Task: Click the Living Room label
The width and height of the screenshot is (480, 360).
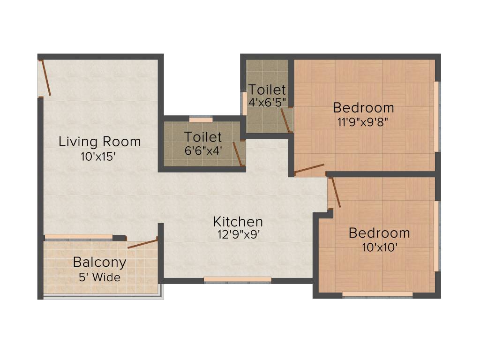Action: (99, 141)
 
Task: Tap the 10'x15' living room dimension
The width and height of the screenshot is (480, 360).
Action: (98, 157)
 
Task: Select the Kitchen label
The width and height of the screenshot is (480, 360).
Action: (238, 221)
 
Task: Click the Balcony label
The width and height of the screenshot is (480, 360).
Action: (99, 262)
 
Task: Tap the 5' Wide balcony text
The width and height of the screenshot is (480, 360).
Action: (99, 277)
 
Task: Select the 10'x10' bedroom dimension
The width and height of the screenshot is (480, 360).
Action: (379, 247)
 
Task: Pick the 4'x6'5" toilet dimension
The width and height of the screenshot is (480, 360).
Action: (267, 102)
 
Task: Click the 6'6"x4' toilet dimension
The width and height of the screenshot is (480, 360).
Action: (202, 151)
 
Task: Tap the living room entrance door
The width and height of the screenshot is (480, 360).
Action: (45, 78)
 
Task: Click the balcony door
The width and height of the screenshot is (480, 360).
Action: (142, 243)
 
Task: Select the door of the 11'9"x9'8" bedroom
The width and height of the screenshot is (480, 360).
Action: (309, 169)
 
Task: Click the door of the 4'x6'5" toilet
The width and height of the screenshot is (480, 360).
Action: (285, 120)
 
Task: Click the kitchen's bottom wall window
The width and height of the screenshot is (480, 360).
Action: (237, 280)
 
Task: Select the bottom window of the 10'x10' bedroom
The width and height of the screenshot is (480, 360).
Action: (377, 294)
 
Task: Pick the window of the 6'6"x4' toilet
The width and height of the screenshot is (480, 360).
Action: (201, 120)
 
